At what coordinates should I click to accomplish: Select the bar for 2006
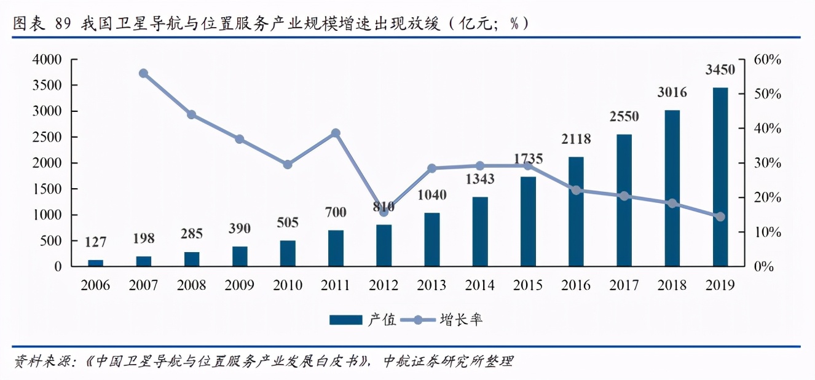(95, 263)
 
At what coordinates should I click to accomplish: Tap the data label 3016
(672, 93)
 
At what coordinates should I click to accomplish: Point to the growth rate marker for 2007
(143, 73)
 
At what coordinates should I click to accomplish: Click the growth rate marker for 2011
(336, 133)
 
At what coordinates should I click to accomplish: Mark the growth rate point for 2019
(720, 216)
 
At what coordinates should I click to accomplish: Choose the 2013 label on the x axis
(432, 285)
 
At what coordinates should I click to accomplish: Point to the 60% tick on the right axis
(768, 60)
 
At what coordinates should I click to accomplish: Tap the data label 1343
(480, 180)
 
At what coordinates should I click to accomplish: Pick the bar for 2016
(576, 212)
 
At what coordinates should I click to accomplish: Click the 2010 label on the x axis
(288, 285)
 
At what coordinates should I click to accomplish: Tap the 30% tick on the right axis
(768, 164)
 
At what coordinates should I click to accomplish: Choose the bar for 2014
(480, 232)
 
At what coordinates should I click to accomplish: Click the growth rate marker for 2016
(576, 190)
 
